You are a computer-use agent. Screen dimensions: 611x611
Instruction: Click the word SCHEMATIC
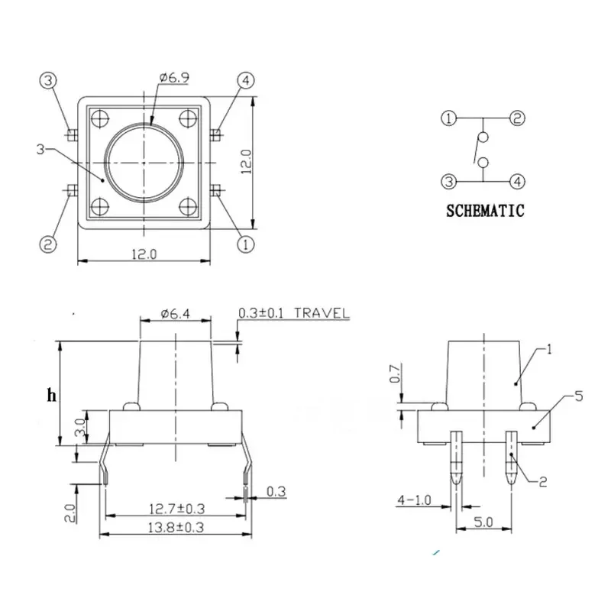coord(485,211)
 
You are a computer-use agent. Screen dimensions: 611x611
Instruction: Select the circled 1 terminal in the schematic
coord(448,118)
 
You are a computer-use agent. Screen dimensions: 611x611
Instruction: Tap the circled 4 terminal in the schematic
coord(517,182)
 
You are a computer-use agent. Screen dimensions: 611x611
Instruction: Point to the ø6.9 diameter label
coord(173,77)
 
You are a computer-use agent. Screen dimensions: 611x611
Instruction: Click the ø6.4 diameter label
coord(176,313)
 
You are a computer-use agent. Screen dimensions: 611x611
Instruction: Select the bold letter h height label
coord(51,395)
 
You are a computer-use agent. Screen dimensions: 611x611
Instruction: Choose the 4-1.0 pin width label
coord(412,502)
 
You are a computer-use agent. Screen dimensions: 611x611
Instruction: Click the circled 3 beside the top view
coord(48,80)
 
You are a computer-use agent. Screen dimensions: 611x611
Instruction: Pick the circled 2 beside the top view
coord(48,244)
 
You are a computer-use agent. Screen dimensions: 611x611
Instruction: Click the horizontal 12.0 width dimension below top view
coord(142,255)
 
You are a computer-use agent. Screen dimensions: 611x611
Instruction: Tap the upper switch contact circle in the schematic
coord(481,138)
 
